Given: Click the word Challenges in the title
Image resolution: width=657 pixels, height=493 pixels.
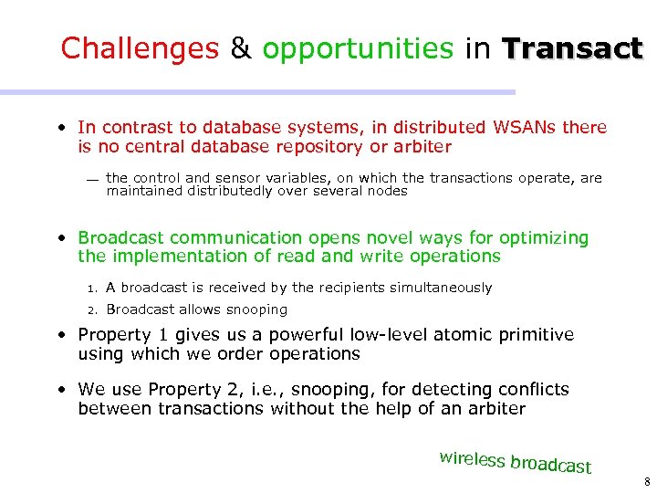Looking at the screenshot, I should click(x=140, y=48).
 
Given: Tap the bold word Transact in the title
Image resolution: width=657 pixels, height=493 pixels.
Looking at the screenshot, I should click(x=572, y=48).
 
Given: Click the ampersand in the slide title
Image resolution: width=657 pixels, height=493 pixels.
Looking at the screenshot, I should click(x=241, y=48).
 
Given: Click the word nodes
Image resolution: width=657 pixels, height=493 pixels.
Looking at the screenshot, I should click(x=388, y=191).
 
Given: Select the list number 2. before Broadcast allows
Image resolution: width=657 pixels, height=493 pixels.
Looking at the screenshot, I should click(x=92, y=310).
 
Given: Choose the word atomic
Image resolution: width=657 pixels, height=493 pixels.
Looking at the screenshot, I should click(x=456, y=335).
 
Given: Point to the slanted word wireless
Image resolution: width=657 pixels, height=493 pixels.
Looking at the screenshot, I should click(x=473, y=458).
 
